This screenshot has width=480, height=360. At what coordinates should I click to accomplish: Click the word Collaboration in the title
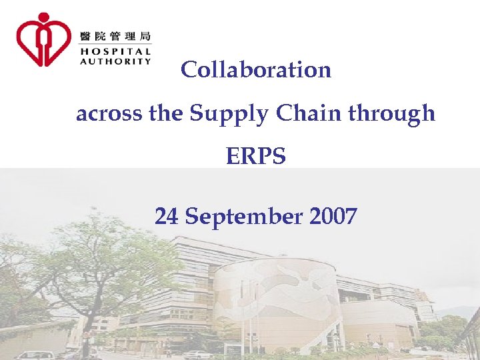(x=256, y=69)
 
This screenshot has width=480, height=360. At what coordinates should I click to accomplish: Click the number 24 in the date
(x=167, y=216)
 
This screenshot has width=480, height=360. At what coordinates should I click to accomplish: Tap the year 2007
(x=333, y=216)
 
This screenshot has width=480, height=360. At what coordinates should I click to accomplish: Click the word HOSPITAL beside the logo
(x=115, y=50)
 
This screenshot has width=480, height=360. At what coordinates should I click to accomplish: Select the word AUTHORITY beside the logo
(x=115, y=61)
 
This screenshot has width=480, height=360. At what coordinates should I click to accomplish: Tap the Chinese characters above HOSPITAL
(x=115, y=35)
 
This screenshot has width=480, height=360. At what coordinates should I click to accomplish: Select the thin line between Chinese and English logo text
(x=115, y=44)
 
